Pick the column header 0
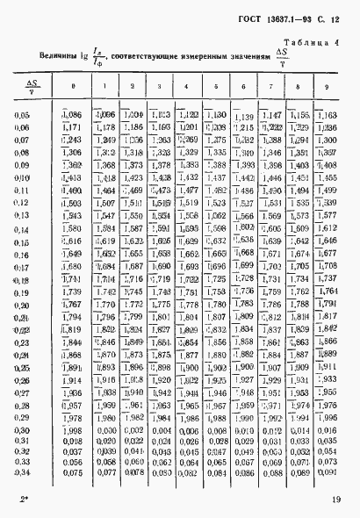click(72, 86)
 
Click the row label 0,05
click(22, 116)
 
